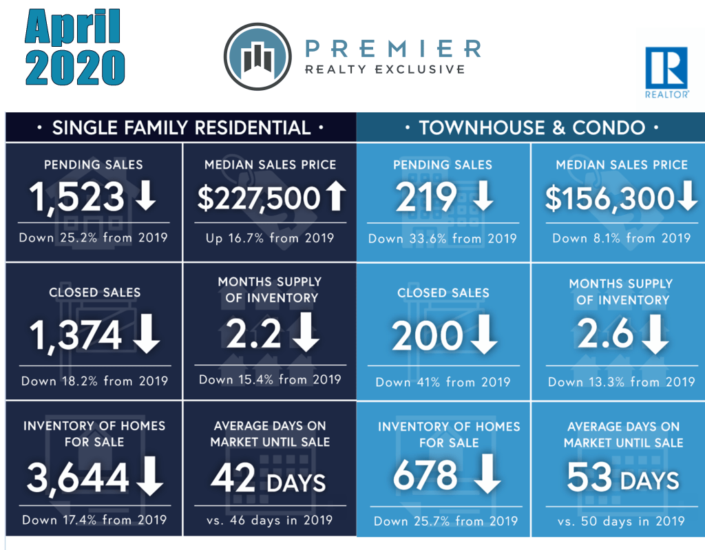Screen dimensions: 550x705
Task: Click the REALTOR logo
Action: pyautogui.click(x=666, y=73)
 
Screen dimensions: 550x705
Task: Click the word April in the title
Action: pyautogui.click(x=72, y=28)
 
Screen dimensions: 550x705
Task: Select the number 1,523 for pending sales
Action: pyautogui.click(x=77, y=198)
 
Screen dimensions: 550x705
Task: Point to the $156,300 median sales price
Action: pyautogui.click(x=609, y=198)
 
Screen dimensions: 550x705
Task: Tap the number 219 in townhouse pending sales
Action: pyautogui.click(x=425, y=198)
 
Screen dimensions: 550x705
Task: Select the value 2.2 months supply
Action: pyautogui.click(x=253, y=335)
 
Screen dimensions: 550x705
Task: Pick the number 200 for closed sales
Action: pyautogui.click(x=427, y=337)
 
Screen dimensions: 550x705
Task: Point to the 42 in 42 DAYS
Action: pyautogui.click(x=233, y=476)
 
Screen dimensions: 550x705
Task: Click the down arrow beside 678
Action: pyautogui.click(x=486, y=476)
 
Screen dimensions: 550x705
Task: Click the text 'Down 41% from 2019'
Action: pyautogui.click(x=443, y=382)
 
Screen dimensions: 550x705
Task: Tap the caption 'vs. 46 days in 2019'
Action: pyautogui.click(x=269, y=520)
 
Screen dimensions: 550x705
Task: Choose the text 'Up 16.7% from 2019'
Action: pyautogui.click(x=269, y=238)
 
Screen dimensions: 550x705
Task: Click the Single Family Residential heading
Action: pyautogui.click(x=181, y=127)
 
